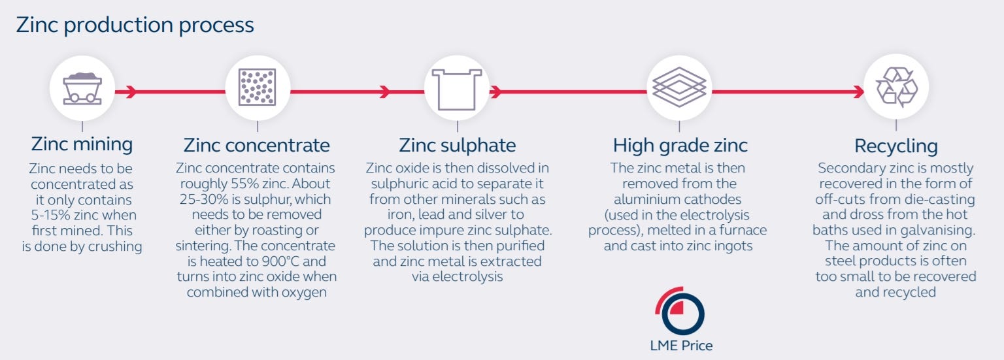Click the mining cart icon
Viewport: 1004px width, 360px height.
[82, 88]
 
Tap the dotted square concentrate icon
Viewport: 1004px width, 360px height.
[258, 88]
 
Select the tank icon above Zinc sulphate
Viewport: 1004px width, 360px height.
[457, 89]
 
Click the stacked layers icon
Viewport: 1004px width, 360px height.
[679, 88]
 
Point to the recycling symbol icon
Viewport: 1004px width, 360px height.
[896, 86]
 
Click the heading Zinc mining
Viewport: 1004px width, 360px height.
[82, 144]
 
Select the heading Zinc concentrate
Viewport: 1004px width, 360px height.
[256, 144]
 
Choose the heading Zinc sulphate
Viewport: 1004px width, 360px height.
[457, 144]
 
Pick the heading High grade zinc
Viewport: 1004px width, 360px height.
[680, 144]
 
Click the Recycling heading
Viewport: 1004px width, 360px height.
[895, 145]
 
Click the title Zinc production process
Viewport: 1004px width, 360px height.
[135, 25]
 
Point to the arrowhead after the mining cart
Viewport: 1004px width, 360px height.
[131, 91]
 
